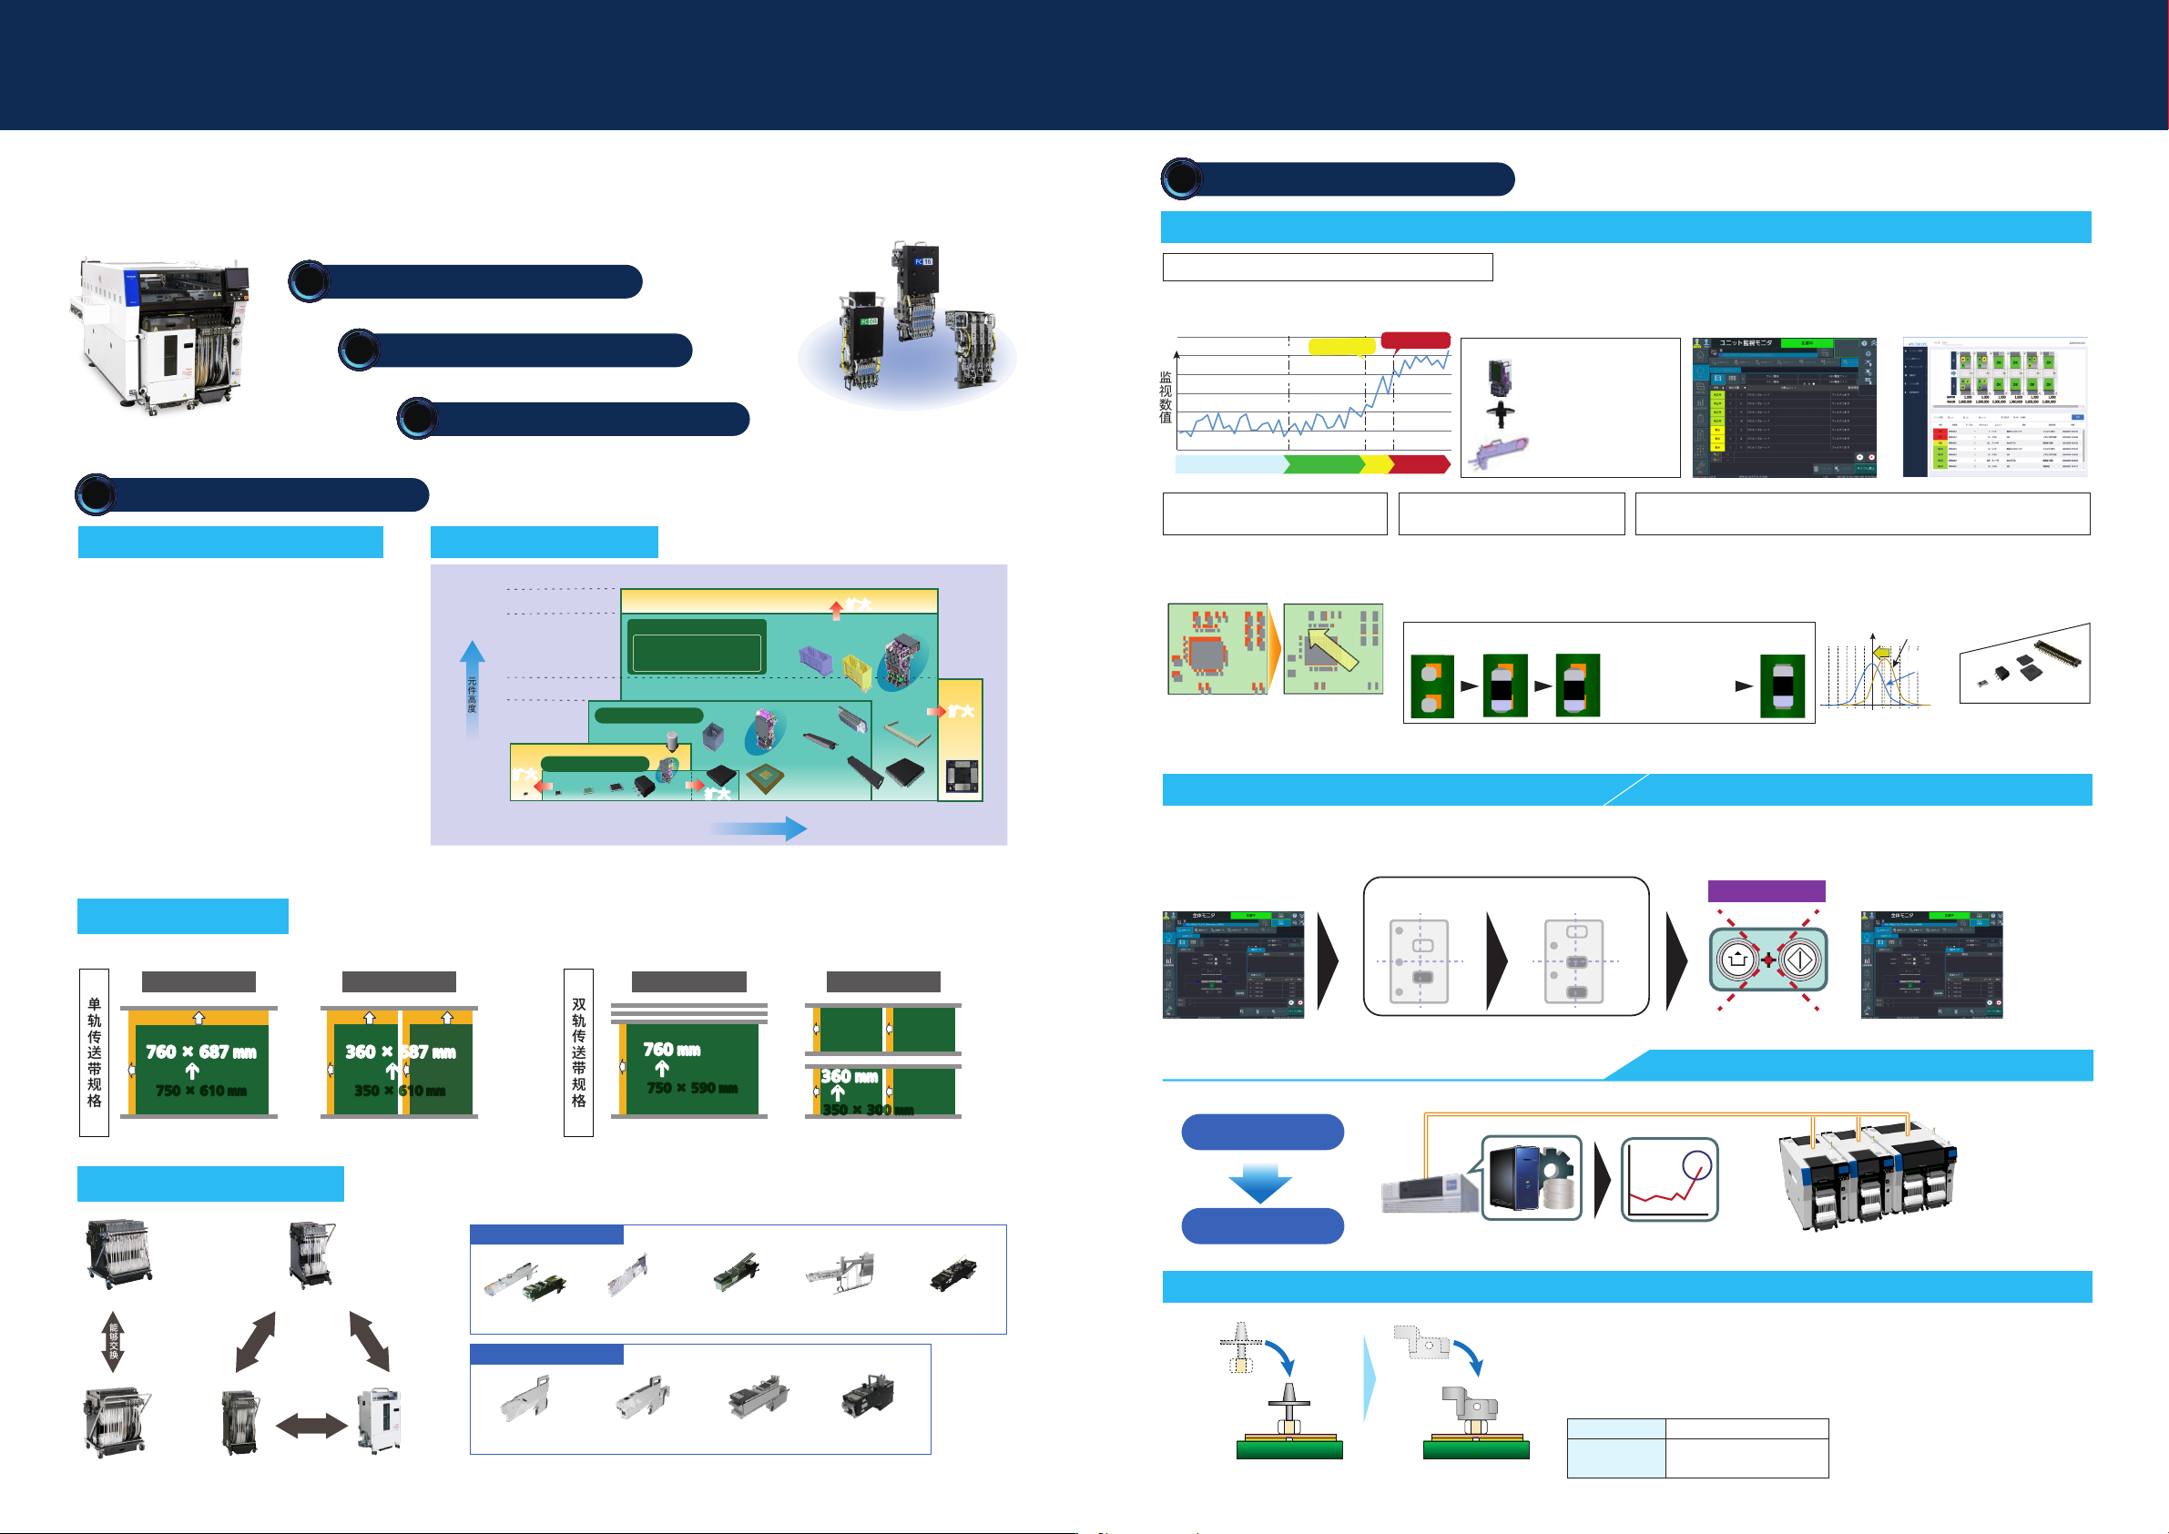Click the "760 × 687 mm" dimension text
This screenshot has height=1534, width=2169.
(x=200, y=1051)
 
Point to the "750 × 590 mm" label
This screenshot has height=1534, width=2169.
(x=691, y=1088)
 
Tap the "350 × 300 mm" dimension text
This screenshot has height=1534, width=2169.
(x=867, y=1109)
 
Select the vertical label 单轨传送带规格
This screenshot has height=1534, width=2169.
(x=95, y=1051)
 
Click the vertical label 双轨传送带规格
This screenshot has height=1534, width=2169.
(x=578, y=1051)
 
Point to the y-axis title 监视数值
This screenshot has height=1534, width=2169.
(x=1166, y=398)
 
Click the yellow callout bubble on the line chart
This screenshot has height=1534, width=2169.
(x=1341, y=346)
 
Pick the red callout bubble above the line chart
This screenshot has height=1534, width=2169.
(x=1415, y=340)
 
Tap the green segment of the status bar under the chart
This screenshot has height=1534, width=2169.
(x=1322, y=463)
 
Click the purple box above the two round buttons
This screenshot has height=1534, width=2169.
(x=1766, y=890)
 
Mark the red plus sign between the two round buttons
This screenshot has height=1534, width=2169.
(x=1768, y=960)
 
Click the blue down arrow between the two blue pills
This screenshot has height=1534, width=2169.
(x=1260, y=1182)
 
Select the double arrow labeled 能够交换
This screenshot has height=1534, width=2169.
(x=113, y=1341)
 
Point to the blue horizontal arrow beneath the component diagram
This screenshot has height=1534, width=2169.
(x=758, y=828)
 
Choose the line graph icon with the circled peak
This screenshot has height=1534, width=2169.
(x=1669, y=1179)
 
